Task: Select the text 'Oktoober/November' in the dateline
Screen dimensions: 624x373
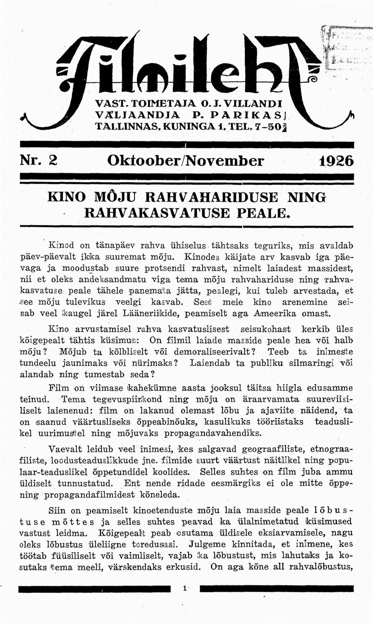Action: (186, 161)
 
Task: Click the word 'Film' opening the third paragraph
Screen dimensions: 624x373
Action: (58, 388)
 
